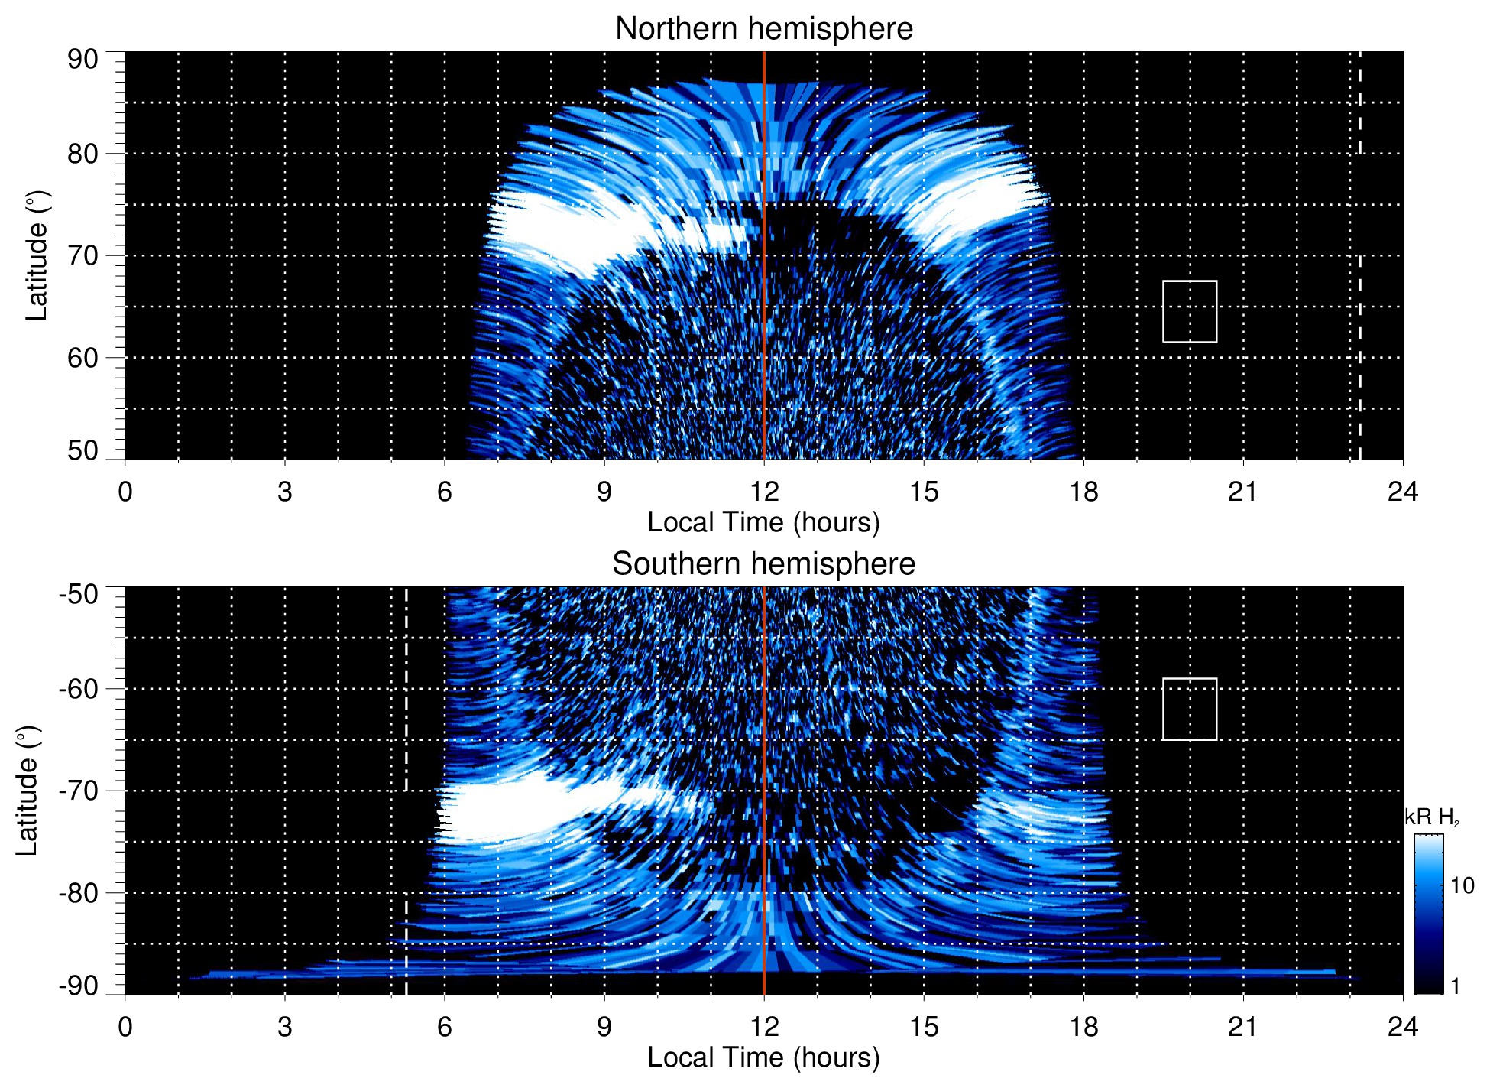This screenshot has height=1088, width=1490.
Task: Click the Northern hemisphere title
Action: pos(763,29)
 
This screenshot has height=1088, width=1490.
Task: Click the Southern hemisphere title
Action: pos(763,564)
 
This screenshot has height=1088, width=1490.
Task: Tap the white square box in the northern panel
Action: pos(1190,311)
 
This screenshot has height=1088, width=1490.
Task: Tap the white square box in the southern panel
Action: pos(1190,709)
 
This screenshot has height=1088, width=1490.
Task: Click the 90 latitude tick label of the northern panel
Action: pos(83,60)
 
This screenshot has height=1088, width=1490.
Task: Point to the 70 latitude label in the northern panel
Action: pos(83,255)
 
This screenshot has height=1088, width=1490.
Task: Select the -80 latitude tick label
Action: pos(79,892)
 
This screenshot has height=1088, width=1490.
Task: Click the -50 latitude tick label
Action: pos(79,594)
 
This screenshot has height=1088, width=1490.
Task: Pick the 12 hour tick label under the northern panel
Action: pos(763,492)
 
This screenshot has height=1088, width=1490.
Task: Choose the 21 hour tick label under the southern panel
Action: pos(1242,1027)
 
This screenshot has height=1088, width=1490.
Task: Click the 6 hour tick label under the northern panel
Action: pos(445,492)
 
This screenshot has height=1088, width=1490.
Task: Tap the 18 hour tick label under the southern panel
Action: pos(1083,1027)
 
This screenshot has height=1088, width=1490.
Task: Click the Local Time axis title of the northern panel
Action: pos(763,522)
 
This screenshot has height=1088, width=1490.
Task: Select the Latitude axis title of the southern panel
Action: pos(27,791)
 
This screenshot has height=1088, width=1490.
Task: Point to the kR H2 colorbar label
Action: pos(1431,817)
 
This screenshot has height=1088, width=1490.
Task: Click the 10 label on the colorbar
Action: pos(1462,886)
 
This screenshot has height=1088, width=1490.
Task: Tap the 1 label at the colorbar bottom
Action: pos(1455,986)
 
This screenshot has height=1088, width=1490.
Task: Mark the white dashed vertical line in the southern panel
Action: pos(406,765)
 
